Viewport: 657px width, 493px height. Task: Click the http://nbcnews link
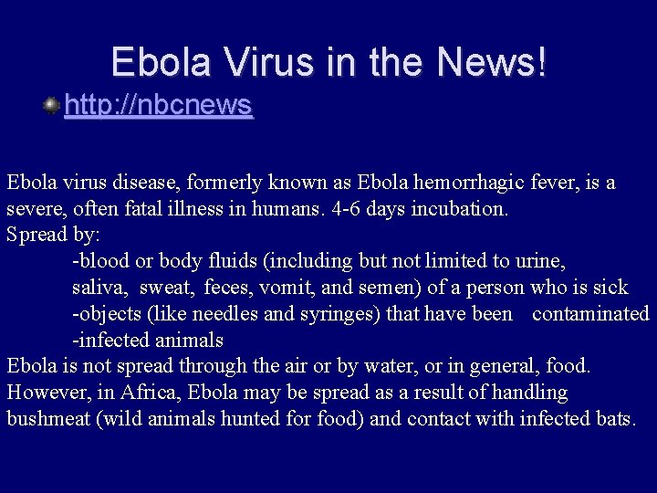point(158,106)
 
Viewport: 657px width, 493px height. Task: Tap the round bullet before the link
point(52,106)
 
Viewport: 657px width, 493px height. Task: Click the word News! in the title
point(493,62)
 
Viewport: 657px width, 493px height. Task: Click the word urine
point(541,261)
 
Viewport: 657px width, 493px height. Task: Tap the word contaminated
point(589,314)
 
